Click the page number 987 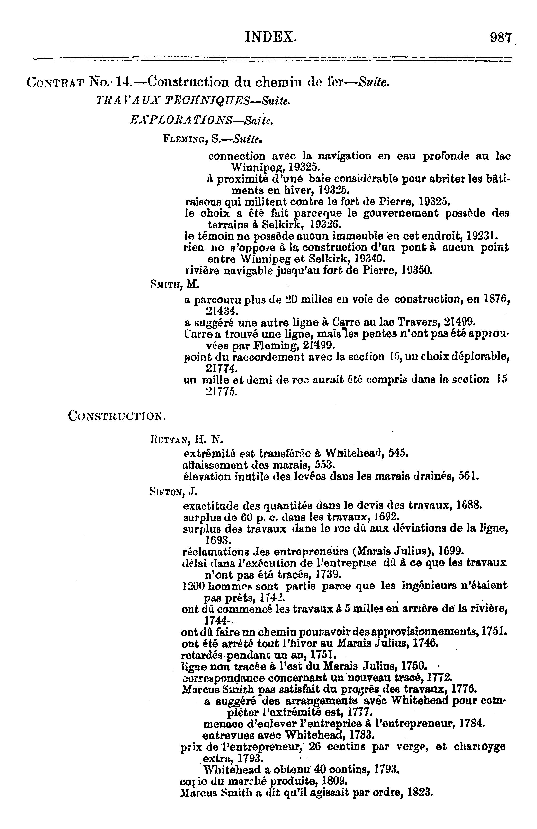click(x=500, y=37)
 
